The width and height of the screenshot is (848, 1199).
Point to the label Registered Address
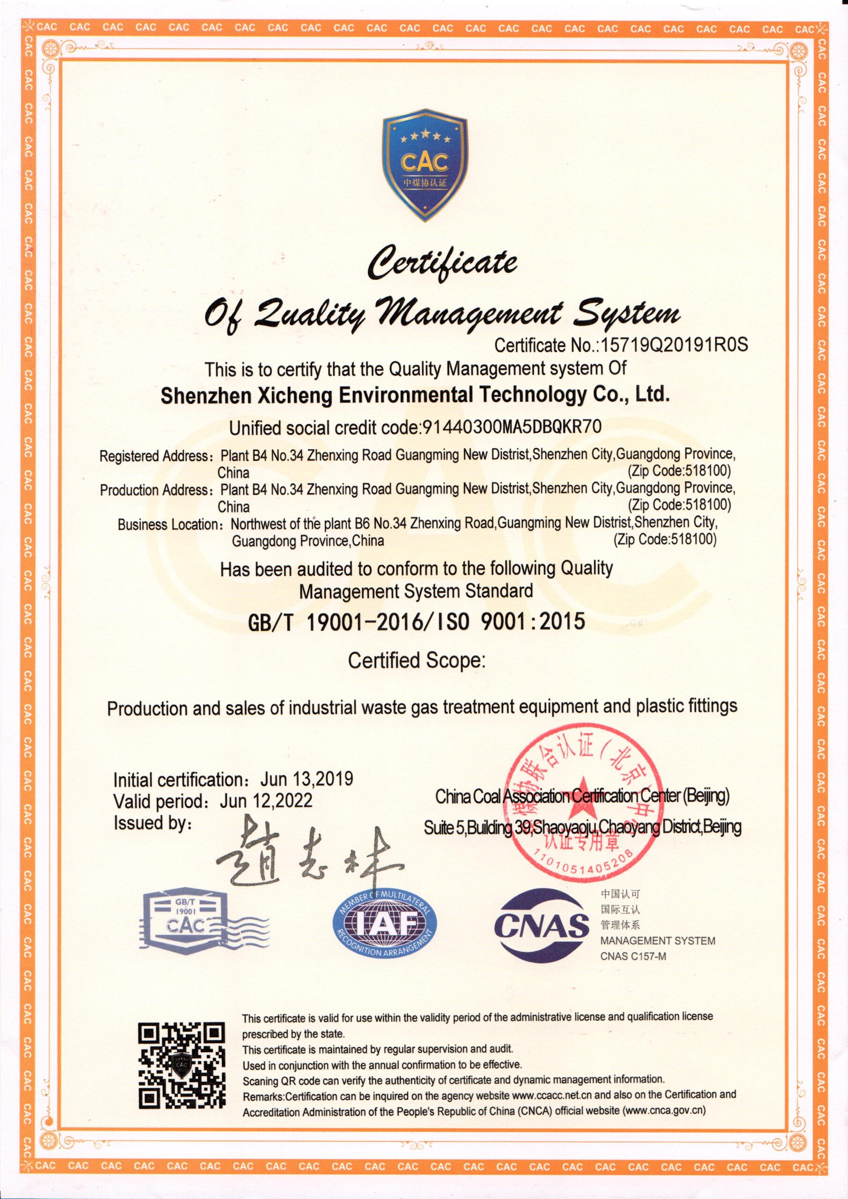(154, 456)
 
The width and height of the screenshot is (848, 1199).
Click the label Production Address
(155, 490)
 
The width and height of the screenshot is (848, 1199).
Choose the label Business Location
(168, 524)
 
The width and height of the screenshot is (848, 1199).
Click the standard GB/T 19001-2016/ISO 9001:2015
(417, 622)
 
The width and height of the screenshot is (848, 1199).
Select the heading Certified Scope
(417, 661)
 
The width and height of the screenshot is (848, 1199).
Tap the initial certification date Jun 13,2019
(307, 779)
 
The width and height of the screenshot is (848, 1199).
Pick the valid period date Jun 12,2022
(266, 800)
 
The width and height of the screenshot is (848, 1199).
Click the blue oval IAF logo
(384, 926)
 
